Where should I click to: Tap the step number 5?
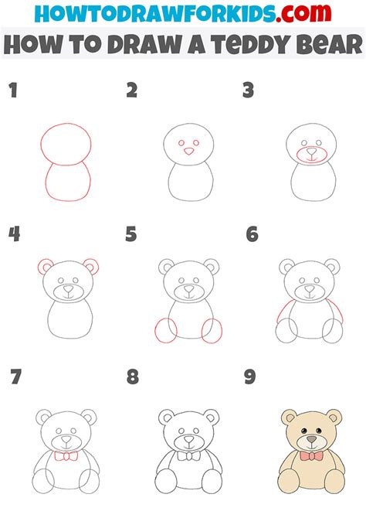(130, 233)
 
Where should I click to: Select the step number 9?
(249, 378)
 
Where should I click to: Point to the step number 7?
(14, 378)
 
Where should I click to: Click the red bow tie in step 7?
(66, 456)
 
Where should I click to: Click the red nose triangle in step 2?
(187, 153)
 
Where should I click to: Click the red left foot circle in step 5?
(164, 330)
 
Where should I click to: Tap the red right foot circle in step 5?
(212, 330)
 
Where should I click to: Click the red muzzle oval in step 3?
(311, 155)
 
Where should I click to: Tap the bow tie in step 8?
(186, 456)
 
